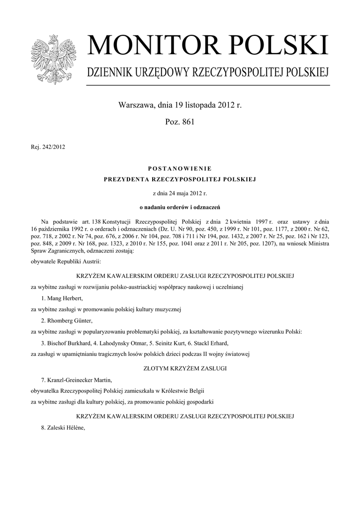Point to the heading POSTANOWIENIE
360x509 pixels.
180,169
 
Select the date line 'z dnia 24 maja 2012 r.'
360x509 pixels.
180,192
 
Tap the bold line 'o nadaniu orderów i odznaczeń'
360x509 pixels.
180,206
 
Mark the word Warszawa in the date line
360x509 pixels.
135,105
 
